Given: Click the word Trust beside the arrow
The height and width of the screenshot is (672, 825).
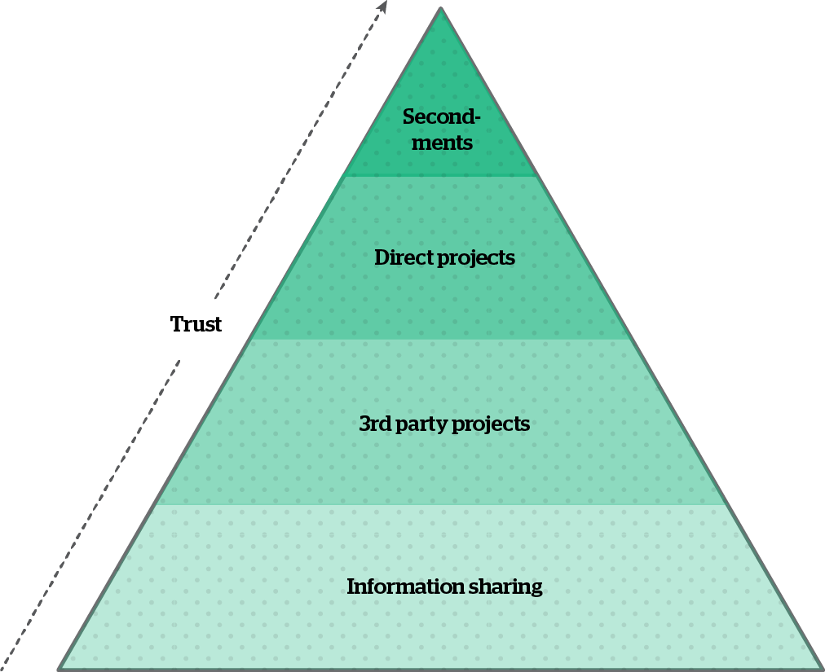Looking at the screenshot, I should coord(196,324).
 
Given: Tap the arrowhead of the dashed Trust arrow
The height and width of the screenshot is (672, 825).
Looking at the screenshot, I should coord(382,6).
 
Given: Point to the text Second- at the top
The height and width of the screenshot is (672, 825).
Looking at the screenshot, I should coord(441,117).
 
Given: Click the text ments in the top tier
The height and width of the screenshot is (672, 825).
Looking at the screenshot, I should coord(442,143).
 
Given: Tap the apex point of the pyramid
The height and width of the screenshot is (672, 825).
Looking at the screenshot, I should coord(441,8).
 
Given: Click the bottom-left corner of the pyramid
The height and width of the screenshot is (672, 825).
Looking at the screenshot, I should coord(59,669).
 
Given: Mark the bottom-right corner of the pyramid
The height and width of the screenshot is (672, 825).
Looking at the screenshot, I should coord(821,669).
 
